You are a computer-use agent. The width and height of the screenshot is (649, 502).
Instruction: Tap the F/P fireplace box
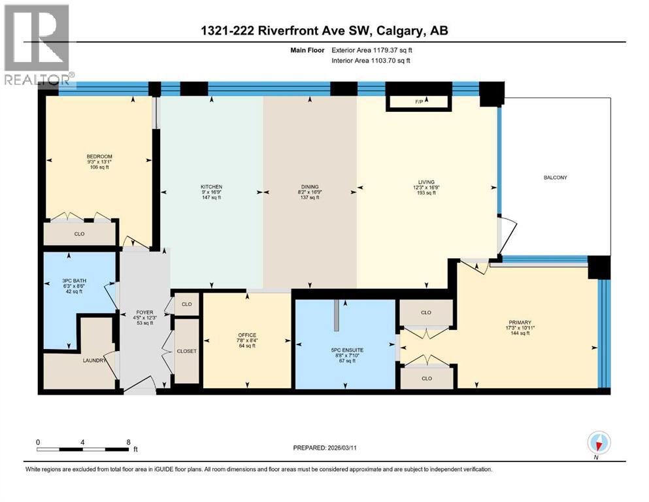pyautogui.click(x=419, y=102)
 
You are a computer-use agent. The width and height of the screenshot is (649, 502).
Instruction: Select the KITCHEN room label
pyautogui.click(x=211, y=187)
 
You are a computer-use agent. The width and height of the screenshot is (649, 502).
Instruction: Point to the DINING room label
pyautogui.click(x=309, y=187)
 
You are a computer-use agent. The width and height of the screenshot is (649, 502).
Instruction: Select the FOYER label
pyautogui.click(x=144, y=312)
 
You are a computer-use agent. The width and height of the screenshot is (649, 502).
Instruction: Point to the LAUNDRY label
pyautogui.click(x=94, y=359)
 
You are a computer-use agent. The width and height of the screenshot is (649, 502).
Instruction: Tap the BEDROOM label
pyautogui.click(x=99, y=156)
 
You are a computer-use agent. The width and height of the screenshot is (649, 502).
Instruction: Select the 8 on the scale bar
pyautogui.click(x=129, y=443)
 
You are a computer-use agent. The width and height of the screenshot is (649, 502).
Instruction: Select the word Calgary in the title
pyautogui.click(x=401, y=31)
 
